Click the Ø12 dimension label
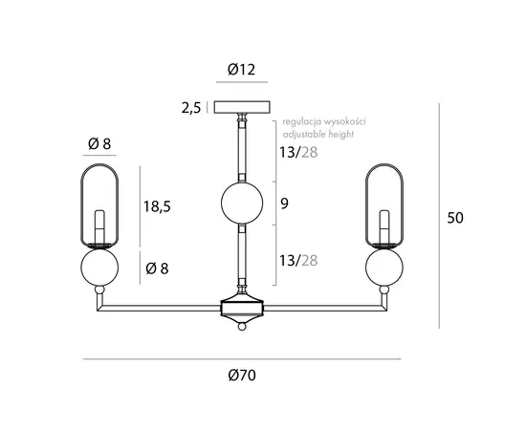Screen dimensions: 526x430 pyautogui.click(x=242, y=70)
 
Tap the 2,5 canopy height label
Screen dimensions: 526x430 pyautogui.click(x=191, y=108)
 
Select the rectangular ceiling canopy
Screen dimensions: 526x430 pyautogui.click(x=242, y=107)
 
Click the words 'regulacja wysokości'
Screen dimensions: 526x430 pyautogui.click(x=324, y=121)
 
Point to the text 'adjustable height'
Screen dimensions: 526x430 pyautogui.click(x=318, y=134)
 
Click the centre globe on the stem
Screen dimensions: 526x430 pyautogui.click(x=242, y=204)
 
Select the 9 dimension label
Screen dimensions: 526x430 pyautogui.click(x=284, y=204)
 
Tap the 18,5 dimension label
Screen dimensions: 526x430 pyautogui.click(x=157, y=206)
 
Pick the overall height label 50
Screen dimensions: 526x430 pyautogui.click(x=455, y=218)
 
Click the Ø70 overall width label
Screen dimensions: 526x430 pyautogui.click(x=242, y=375)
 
